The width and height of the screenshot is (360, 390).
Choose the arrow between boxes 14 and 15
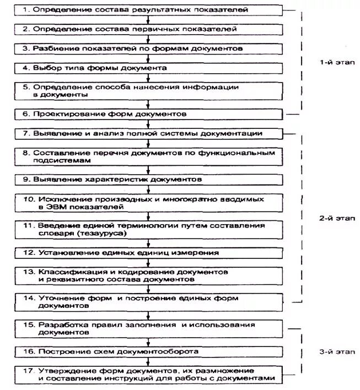(x=146, y=315)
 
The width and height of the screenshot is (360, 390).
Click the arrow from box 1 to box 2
(x=146, y=20)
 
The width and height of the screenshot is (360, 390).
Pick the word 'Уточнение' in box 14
(x=59, y=297)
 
